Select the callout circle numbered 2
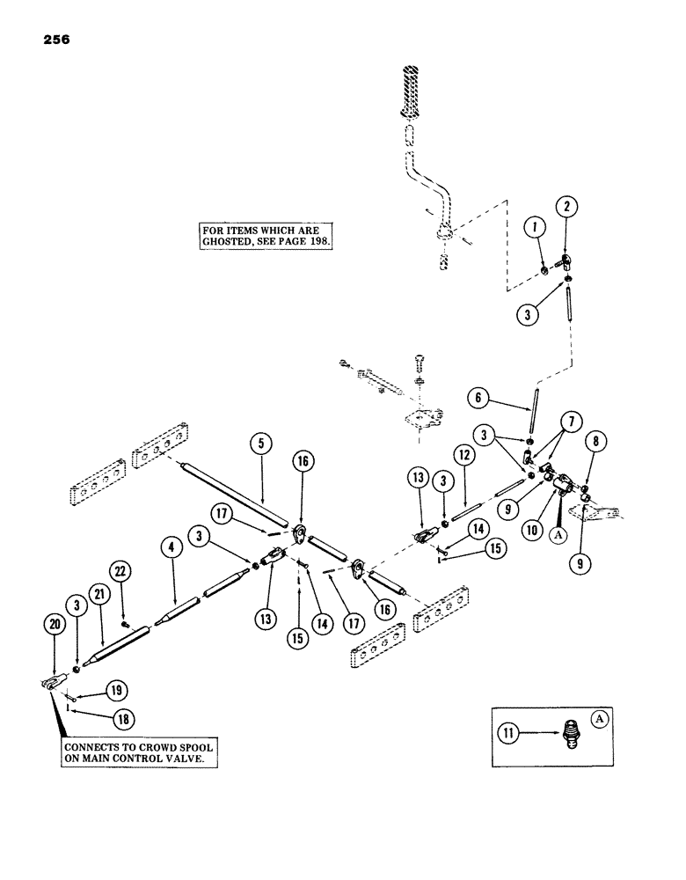[x=566, y=231]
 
